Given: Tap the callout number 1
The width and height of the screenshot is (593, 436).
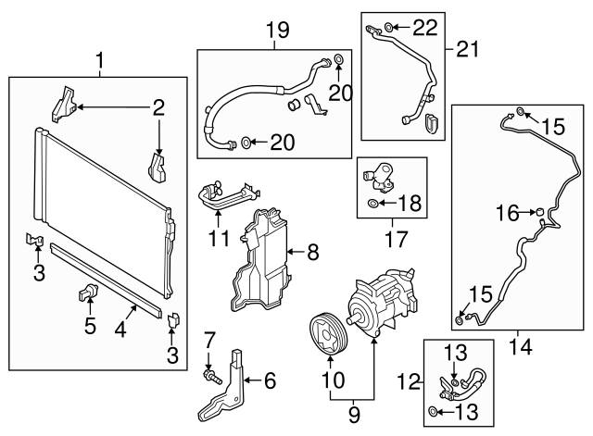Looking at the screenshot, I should (100, 62).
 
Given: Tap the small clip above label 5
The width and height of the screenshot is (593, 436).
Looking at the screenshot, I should (89, 294).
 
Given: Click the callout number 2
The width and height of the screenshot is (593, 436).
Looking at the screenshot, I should (158, 108).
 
